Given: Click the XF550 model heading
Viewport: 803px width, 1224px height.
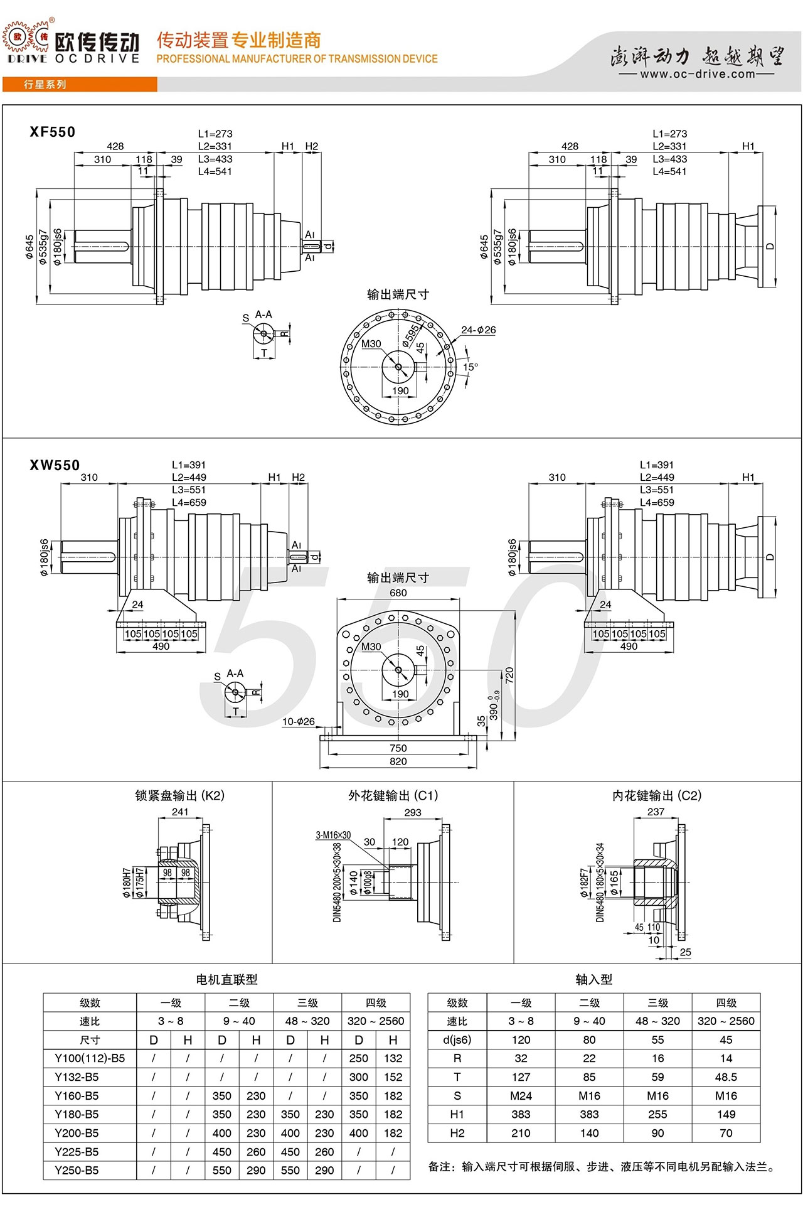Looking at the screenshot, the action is (53, 132).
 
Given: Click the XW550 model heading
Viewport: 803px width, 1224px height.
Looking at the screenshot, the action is (55, 465).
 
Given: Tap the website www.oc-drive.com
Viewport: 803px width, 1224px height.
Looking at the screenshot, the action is (698, 74).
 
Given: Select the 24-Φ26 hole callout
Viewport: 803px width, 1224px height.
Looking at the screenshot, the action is (479, 330).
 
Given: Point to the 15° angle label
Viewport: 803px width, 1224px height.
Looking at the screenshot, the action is (471, 367).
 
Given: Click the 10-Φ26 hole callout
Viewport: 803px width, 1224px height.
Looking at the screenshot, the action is (299, 721).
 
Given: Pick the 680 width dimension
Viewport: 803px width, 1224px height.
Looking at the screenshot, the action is (398, 593).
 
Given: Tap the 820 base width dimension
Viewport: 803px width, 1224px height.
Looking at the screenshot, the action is (398, 761).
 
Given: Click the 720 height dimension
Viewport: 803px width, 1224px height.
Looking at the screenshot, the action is (509, 675).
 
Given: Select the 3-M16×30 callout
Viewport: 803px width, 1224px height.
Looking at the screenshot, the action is (333, 835).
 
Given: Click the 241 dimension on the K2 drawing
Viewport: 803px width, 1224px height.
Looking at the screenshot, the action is (180, 812).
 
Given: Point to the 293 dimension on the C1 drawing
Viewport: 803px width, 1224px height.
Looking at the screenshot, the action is (413, 812).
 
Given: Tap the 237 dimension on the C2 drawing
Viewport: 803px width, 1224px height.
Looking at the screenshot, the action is (656, 812).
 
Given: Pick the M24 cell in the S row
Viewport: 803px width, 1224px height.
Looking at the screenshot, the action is (521, 1096).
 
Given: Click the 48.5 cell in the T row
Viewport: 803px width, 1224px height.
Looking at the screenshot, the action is (726, 1077).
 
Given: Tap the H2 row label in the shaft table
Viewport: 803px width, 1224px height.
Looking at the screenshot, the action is (457, 1133).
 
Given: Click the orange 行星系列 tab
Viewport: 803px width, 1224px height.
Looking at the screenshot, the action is (45, 85).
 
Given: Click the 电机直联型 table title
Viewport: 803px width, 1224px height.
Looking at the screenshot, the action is (226, 979).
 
